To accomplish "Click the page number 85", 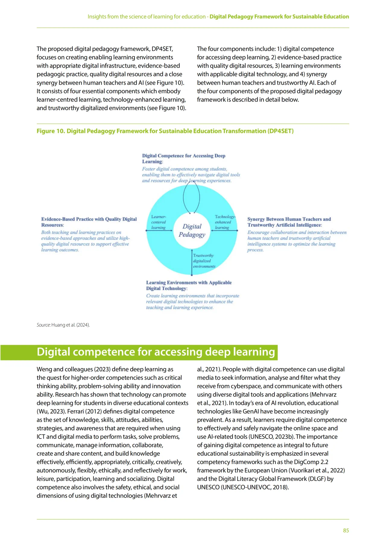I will click(346, 530).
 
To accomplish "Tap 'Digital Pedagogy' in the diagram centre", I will click(192, 230).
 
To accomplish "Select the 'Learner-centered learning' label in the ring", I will click(159, 222).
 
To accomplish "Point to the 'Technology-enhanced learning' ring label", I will click(224, 222).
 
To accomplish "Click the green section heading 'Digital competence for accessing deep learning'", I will click(156, 352).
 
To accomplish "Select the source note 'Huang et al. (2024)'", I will click(71, 325).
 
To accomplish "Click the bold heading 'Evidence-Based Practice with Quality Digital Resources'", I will click(89, 222).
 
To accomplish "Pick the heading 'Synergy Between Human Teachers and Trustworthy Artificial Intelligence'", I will click(289, 222).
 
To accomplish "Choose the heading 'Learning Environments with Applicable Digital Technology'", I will click(189, 285).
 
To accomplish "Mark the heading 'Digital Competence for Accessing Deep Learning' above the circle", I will click(184, 158).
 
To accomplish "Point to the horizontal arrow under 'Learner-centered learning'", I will click(159, 230).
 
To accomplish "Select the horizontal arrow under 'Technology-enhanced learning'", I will click(225, 230).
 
